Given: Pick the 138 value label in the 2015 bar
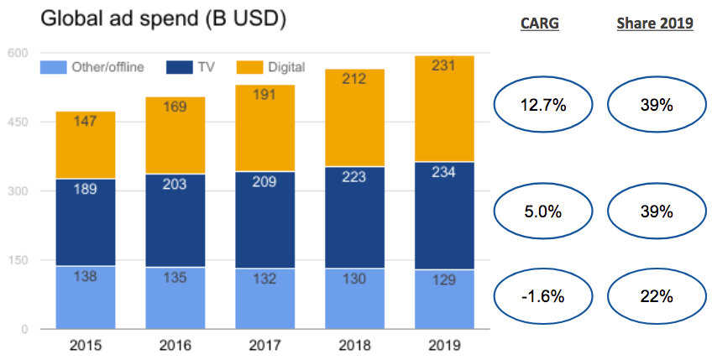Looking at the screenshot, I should point(86,276).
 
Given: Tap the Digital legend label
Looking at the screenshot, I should point(285,67).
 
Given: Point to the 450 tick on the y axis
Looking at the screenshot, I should point(18,123).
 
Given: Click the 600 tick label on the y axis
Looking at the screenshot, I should point(18,54).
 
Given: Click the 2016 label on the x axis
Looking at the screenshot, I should point(175,344).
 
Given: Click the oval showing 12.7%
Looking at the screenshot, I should point(542,104).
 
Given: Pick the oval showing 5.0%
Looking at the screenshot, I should point(542,211).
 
